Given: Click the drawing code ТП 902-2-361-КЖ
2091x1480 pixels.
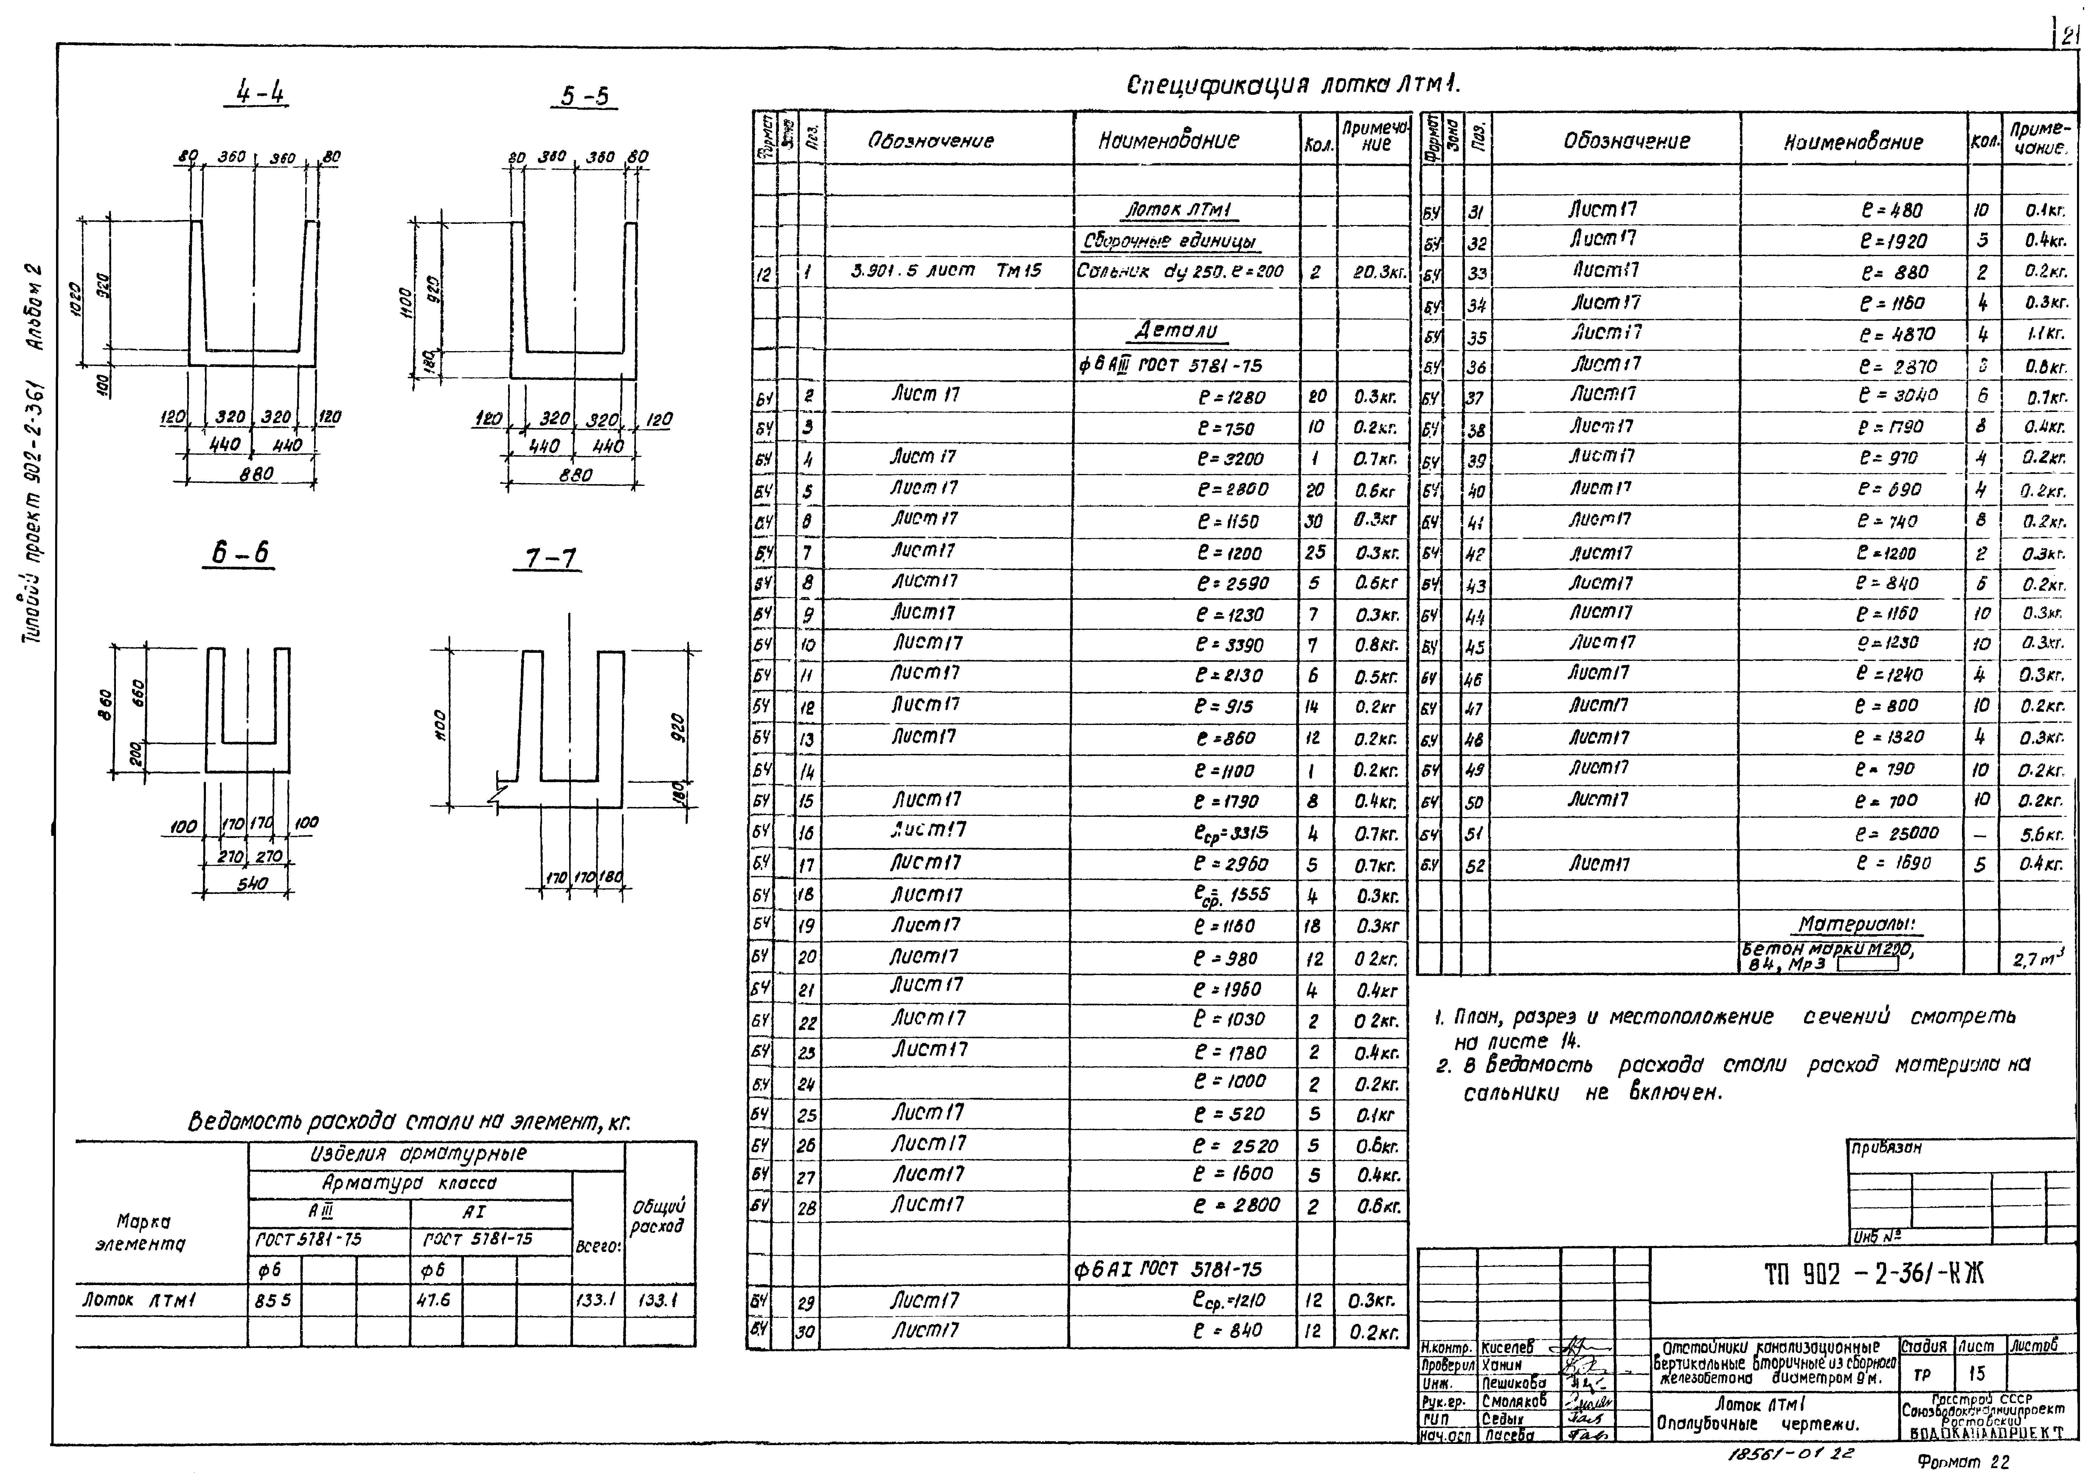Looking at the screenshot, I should (1873, 1274).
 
